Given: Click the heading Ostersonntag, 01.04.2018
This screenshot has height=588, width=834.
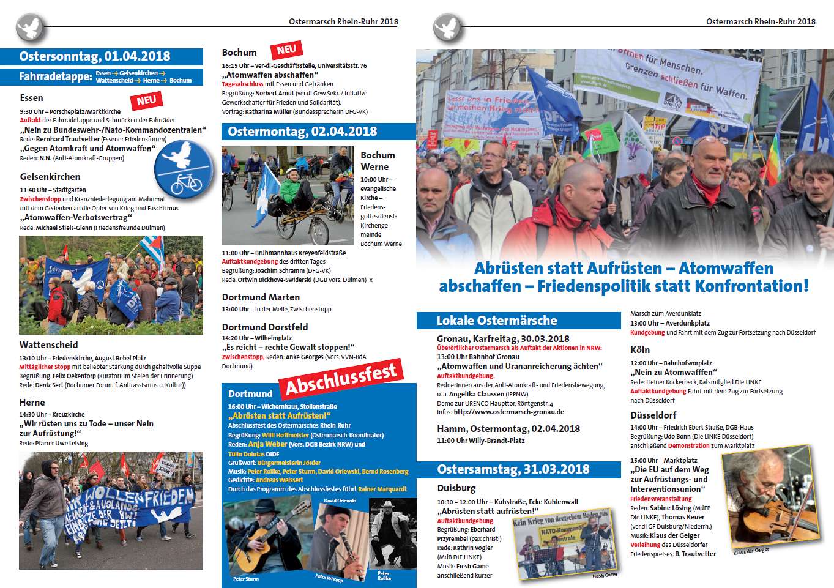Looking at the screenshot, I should pos(95,57).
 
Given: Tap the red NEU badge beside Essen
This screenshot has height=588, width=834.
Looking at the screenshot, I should pos(146,100).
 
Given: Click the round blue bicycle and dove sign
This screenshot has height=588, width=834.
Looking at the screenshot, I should pos(179,166).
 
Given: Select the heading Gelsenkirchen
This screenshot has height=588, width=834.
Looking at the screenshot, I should pos(50,177).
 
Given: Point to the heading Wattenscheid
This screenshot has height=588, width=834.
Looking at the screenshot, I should pos(48,345).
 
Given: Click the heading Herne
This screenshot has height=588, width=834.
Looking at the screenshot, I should pos(32,403).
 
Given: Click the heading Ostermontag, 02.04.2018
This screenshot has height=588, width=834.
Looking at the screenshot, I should pos(302,132).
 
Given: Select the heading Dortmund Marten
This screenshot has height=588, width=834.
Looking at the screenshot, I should pos(261,297).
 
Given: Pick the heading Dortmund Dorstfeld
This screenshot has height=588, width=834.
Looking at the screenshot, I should pos(265,327).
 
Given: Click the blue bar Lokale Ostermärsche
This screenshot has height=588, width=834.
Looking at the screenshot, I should pos(496,321).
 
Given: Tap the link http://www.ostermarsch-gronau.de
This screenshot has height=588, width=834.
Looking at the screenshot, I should pos(508,412).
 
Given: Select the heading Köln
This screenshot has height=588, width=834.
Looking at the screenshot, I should pos(640,350).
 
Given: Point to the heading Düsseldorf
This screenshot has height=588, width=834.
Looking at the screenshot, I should pos(653,415).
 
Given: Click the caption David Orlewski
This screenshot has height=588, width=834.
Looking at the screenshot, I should pos(340,501).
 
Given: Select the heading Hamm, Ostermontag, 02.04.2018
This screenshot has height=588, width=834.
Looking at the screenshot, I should pos(508,429).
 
